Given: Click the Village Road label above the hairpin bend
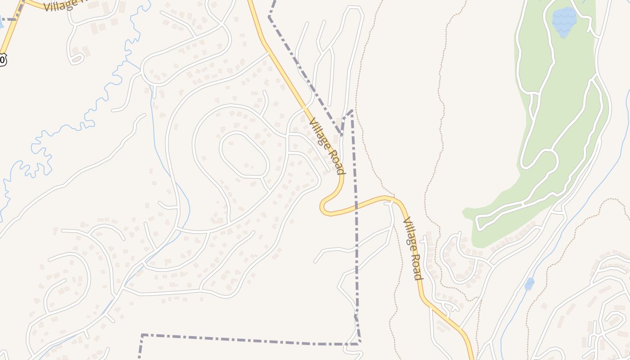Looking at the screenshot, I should [x=327, y=146].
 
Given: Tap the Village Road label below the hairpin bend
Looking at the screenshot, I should [x=413, y=248].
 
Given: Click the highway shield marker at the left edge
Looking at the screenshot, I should [x=2, y=59].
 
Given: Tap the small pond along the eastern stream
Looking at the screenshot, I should [x=530, y=284].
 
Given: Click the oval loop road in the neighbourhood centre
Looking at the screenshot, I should [x=244, y=154].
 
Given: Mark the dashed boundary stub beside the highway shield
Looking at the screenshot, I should [x=8, y=19].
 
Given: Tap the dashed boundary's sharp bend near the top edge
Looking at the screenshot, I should [x=269, y=17].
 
